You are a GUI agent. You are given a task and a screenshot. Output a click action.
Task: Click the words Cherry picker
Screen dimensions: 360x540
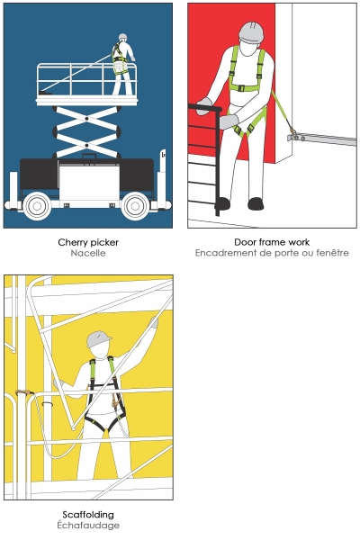click(x=88, y=242)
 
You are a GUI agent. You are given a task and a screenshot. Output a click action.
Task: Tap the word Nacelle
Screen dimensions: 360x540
click(x=88, y=253)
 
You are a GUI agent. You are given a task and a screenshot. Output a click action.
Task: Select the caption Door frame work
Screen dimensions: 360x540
click(x=272, y=242)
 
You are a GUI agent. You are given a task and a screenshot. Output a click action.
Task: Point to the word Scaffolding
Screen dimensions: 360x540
click(x=88, y=515)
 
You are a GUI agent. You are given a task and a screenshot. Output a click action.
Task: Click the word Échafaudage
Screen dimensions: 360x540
click(x=88, y=526)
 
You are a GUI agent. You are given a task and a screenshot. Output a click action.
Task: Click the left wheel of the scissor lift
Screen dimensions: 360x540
click(x=37, y=206)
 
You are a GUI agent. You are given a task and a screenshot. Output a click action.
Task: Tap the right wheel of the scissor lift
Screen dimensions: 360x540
click(x=135, y=206)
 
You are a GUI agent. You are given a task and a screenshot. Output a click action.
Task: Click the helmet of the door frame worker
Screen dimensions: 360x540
click(x=251, y=32)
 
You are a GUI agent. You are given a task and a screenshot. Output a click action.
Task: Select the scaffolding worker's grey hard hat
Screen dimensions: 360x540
click(x=98, y=339)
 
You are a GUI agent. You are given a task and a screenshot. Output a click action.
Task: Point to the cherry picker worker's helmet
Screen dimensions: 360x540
click(x=123, y=37)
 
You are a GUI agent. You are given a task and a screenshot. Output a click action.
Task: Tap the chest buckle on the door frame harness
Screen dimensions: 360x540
click(x=241, y=88)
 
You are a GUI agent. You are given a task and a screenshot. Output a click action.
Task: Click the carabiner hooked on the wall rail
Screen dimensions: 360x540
click(x=293, y=133)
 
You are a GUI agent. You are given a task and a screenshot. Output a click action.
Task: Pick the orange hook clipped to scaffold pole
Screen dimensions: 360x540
click(x=24, y=392)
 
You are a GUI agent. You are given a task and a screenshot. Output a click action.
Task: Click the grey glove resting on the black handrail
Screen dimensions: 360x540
click(x=203, y=106)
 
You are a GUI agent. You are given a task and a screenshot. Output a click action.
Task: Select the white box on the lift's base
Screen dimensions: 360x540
click(x=89, y=182)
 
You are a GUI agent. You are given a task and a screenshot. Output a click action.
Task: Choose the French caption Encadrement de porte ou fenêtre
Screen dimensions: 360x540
click(x=272, y=253)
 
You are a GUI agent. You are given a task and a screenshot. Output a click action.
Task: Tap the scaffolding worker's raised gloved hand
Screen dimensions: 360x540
click(x=154, y=322)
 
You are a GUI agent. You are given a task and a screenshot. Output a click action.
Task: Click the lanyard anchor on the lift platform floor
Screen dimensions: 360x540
click(x=45, y=93)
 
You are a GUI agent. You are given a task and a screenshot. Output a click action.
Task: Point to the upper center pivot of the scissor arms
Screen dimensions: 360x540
click(x=86, y=119)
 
